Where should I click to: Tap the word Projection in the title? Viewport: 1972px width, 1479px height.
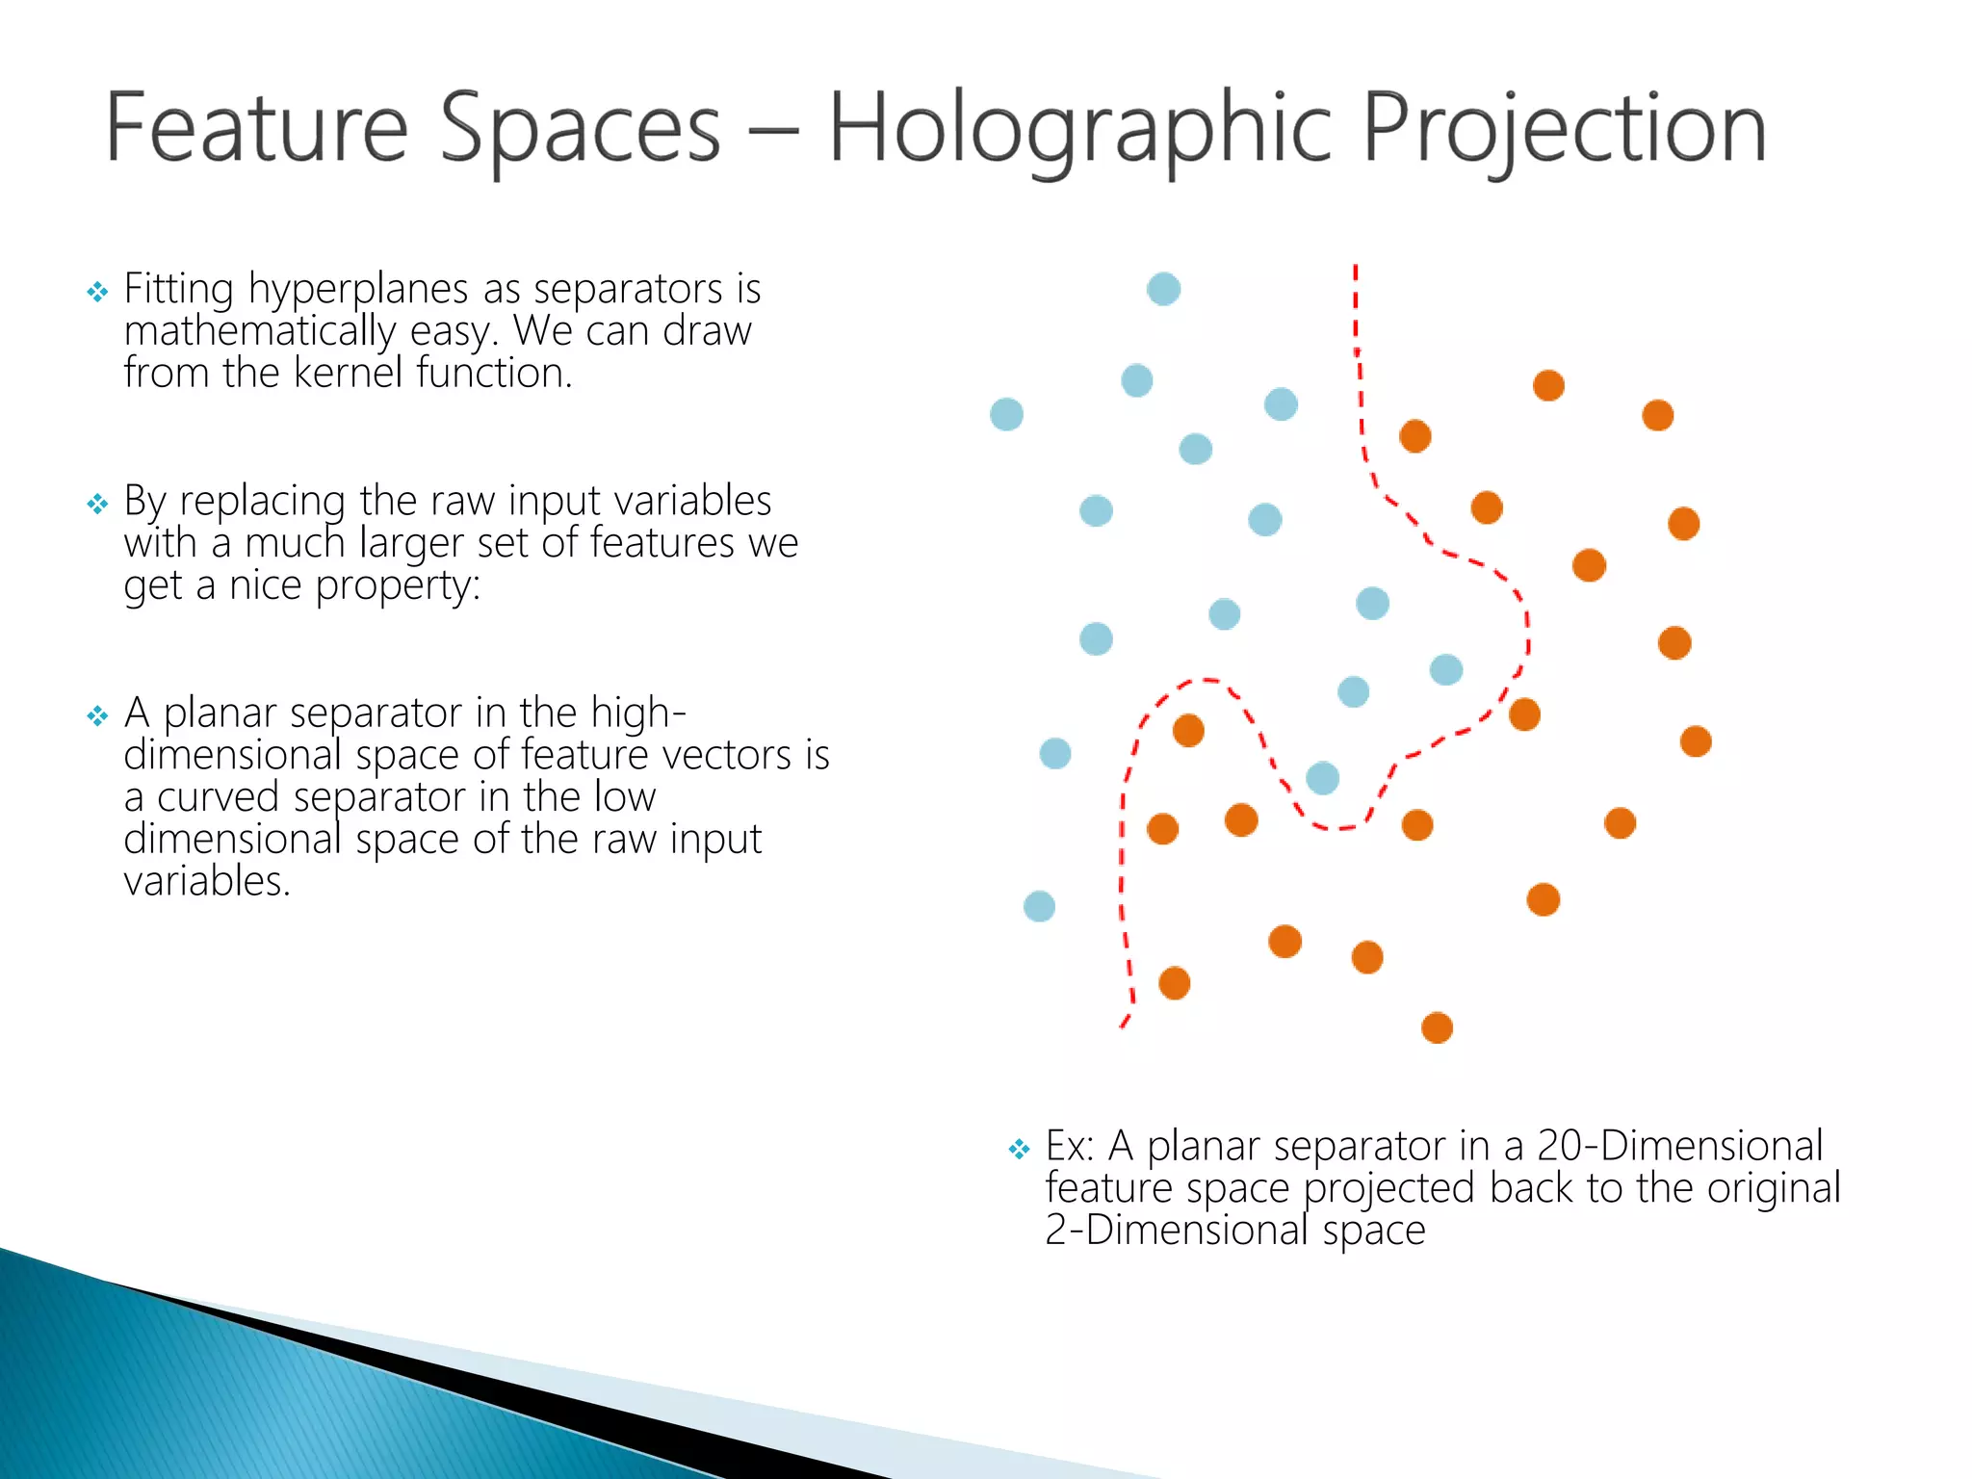click(x=1564, y=130)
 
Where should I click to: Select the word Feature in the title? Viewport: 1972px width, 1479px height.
click(x=256, y=130)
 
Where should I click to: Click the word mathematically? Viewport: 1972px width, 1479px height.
click(x=260, y=332)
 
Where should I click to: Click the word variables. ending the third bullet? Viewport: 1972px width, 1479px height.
click(x=207, y=881)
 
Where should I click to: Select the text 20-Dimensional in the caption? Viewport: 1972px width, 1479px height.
click(x=1679, y=1146)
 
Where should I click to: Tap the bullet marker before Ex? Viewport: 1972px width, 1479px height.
click(x=1019, y=1149)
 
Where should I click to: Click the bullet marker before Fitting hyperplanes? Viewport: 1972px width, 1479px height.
click(x=97, y=292)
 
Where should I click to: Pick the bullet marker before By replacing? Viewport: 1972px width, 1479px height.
click(x=97, y=504)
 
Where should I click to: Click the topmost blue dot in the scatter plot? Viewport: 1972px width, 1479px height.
click(x=1163, y=289)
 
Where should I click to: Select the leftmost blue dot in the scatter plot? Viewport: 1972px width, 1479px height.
click(x=1006, y=414)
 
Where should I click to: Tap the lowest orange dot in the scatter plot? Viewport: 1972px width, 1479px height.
click(x=1437, y=1027)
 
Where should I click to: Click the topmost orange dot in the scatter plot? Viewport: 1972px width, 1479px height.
click(x=1548, y=385)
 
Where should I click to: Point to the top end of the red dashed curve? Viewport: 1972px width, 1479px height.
click(x=1355, y=268)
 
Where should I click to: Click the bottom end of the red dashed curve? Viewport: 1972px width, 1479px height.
click(x=1123, y=1025)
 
